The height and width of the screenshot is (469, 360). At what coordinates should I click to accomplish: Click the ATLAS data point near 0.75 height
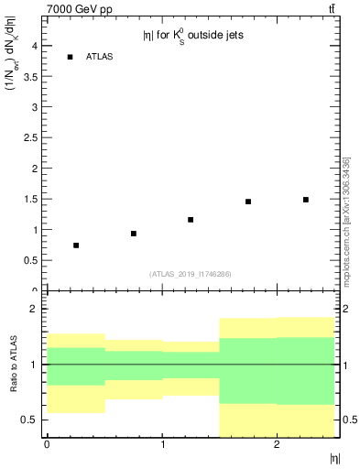click(x=76, y=245)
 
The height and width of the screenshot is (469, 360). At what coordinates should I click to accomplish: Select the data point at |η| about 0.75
click(x=134, y=234)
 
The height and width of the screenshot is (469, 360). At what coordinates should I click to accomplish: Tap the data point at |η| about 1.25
click(x=191, y=220)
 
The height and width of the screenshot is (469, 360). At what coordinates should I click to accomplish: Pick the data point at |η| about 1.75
click(x=248, y=202)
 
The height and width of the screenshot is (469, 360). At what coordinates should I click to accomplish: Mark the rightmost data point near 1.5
click(x=306, y=200)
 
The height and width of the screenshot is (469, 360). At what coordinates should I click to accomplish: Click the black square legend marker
click(x=70, y=57)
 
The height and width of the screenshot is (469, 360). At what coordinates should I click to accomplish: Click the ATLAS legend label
click(x=99, y=57)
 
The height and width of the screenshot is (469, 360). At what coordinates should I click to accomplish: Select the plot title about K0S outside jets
click(x=192, y=37)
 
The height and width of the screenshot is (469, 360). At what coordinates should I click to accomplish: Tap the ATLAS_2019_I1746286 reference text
click(x=191, y=274)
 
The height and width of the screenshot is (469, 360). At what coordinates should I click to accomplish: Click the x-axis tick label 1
click(x=162, y=445)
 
